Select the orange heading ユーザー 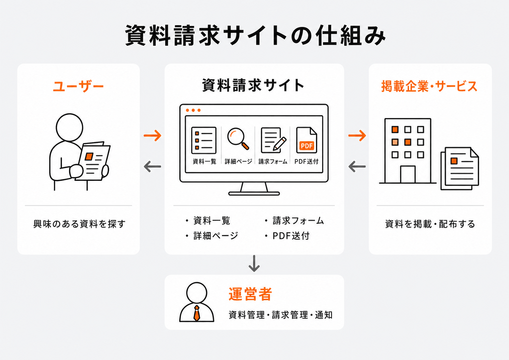point(79,86)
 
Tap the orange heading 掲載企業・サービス point(429,86)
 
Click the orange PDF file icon point(307,140)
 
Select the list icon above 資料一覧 point(204,140)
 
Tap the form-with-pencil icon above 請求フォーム point(273,140)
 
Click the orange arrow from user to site point(153,135)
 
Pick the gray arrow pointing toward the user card point(153,167)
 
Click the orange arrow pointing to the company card point(357,135)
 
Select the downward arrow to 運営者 point(254,263)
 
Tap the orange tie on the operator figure point(197,313)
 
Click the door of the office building point(408,174)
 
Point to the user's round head point(70,128)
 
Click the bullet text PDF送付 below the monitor point(291,236)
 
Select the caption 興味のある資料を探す point(79,224)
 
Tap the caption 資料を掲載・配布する point(430,224)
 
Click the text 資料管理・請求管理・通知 point(281,315)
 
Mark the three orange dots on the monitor point(193,110)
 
